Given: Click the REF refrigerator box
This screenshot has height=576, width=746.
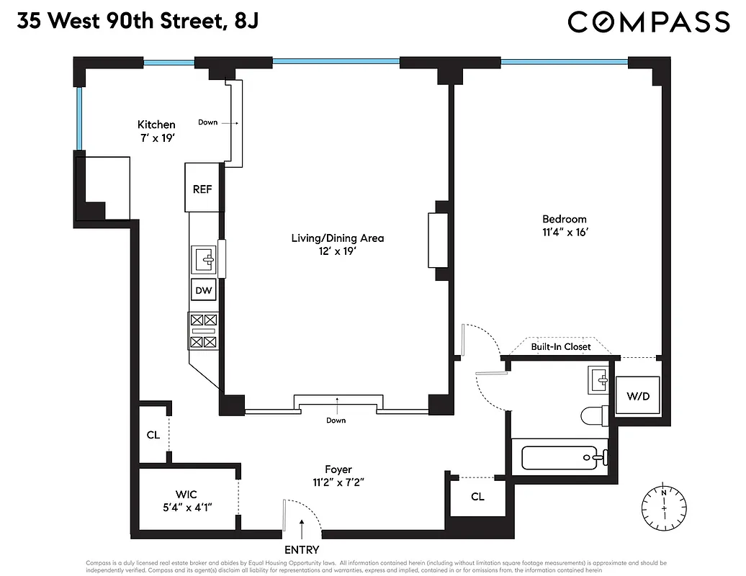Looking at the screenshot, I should coord(202,189).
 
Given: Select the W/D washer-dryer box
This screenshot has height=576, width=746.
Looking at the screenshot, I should coord(636,396).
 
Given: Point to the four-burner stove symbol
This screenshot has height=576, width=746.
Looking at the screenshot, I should coord(202,330).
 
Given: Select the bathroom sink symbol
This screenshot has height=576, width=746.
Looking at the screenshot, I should coord(598,378).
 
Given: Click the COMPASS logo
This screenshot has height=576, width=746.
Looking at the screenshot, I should coord(648,22).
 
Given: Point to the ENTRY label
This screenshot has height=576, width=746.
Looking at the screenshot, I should coord(302,550).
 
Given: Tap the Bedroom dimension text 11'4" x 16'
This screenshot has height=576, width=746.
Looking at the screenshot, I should coord(565,232).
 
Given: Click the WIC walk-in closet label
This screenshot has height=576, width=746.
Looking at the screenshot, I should coord(186,495).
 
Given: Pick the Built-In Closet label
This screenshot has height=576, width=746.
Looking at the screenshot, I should coord(561,346).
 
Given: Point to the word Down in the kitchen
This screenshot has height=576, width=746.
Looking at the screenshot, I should coord(208,122).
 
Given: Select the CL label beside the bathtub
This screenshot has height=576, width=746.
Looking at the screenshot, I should coord(477,497).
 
